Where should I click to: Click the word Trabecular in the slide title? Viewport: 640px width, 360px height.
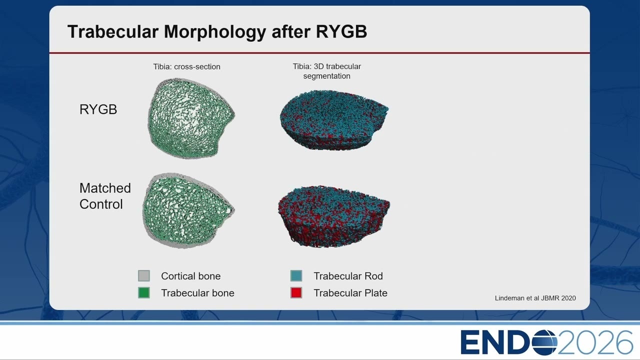(x=113, y=31)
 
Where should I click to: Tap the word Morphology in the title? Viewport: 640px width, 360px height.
(x=215, y=32)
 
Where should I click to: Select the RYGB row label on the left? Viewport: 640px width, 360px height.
(x=98, y=109)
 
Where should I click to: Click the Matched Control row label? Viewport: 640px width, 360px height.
(x=105, y=196)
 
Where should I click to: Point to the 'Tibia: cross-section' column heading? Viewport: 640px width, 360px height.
(x=186, y=67)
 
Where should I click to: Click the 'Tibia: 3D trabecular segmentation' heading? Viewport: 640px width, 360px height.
(x=327, y=71)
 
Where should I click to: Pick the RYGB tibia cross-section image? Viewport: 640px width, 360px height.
(x=191, y=118)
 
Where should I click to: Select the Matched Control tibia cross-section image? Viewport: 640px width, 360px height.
(x=188, y=210)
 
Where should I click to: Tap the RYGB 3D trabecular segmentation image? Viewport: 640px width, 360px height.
(x=333, y=120)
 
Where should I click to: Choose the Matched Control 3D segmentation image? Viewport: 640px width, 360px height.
(x=333, y=216)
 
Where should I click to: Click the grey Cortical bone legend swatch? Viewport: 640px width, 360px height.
(x=143, y=275)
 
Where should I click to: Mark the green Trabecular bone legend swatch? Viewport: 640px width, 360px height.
(x=143, y=292)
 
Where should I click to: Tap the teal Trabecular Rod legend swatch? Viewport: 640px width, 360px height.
(x=296, y=275)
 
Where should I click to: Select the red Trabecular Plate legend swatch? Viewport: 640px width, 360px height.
(x=296, y=292)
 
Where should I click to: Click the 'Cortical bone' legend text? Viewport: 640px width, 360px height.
(x=191, y=276)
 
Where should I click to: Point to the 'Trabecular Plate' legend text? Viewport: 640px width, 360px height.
(x=350, y=293)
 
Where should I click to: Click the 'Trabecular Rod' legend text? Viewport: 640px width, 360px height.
(x=348, y=276)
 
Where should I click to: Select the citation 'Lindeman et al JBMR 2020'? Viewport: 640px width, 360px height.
(x=535, y=298)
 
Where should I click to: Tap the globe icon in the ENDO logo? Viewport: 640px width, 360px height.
(x=545, y=342)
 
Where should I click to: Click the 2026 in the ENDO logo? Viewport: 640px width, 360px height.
(x=595, y=342)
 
